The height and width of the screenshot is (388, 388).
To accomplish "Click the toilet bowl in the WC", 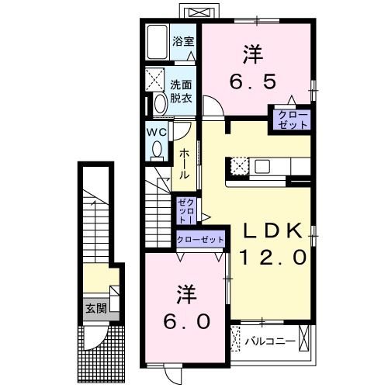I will point(158,148).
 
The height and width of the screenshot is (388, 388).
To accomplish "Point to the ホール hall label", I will point(185,165).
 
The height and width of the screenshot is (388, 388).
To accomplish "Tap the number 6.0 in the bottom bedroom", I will point(187,320).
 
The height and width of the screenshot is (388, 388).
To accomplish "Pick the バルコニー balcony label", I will point(269,340).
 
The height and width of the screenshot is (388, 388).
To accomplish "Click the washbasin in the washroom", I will point(160,103).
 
